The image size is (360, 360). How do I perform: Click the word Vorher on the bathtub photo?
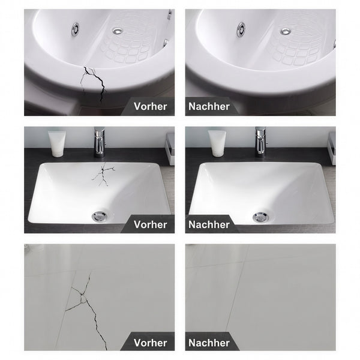tap(151, 107)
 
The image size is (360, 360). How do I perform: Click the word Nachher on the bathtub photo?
tap(209, 107)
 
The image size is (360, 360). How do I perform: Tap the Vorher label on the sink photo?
tap(151, 224)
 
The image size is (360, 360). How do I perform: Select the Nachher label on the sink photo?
tap(209, 224)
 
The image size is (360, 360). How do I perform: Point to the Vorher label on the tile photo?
tap(151, 343)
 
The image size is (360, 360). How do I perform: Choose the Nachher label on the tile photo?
tap(209, 343)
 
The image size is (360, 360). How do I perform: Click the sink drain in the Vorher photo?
tap(100, 217)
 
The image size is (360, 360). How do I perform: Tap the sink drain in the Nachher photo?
tap(260, 217)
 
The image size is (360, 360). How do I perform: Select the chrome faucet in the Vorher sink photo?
tap(100, 142)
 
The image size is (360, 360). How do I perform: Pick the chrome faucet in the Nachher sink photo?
tap(260, 142)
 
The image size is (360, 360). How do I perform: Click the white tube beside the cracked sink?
tap(57, 144)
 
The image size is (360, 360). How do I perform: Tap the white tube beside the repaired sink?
tap(217, 143)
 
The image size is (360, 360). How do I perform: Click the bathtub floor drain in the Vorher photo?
tap(118, 31)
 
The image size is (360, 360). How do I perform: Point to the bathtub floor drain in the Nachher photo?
tap(286, 31)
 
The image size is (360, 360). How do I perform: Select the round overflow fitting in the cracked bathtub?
tap(76, 29)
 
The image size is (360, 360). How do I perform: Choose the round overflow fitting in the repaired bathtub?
tap(241, 29)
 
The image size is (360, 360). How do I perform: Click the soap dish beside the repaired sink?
tap(332, 148)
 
